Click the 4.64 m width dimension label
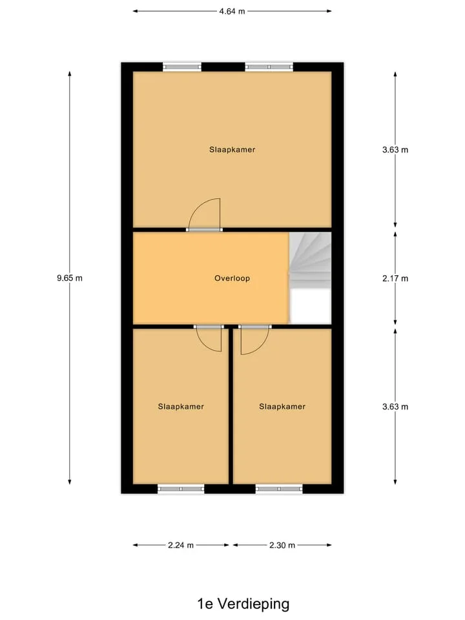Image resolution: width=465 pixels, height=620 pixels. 232,11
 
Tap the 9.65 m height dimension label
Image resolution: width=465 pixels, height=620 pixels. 70,278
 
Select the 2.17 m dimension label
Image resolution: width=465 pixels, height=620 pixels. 395,278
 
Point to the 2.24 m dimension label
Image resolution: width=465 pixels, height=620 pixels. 181,545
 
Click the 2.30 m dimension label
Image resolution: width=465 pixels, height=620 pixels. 282,545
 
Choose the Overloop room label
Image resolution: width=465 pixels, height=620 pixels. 232,278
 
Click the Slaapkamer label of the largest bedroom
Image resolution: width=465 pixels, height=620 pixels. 232,149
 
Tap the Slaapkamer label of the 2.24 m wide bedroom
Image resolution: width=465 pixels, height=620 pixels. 181,406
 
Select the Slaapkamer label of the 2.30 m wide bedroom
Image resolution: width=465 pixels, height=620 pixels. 282,406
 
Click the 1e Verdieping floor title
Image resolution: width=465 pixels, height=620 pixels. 243,603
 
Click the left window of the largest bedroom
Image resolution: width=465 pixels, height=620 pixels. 182,67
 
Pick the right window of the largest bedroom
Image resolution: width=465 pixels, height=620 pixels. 269,67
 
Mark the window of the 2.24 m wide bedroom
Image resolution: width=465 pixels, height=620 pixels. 181,489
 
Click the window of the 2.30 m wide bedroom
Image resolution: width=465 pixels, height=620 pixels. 279,489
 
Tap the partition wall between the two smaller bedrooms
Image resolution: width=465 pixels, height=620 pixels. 231,406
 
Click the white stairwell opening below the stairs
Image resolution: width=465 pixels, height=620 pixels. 311,306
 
